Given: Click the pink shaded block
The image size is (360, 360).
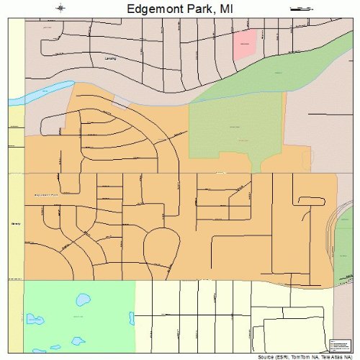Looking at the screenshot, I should (245, 45).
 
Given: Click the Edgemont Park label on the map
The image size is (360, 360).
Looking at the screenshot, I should (45, 195).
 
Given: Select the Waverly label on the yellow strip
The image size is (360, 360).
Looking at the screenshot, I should (14, 224).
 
